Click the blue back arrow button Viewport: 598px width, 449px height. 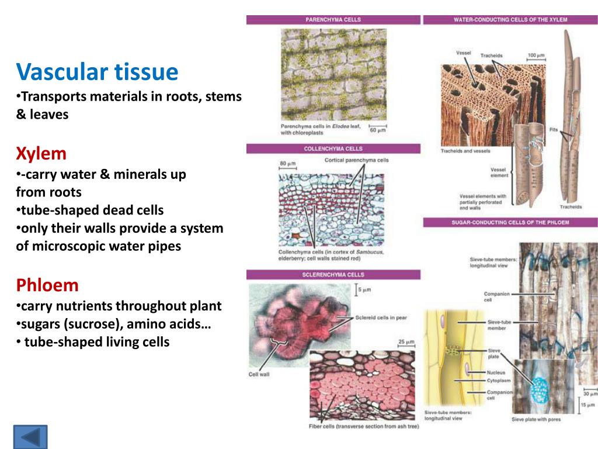click(x=30, y=437)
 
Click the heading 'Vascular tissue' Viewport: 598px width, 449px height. click(x=97, y=72)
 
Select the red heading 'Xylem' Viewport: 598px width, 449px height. click(x=41, y=154)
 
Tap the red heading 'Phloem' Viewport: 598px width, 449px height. click(x=47, y=285)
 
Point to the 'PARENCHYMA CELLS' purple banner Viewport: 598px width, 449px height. click(x=333, y=19)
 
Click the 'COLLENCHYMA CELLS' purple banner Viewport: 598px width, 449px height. click(x=333, y=148)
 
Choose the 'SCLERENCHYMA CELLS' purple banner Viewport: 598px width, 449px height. click(x=333, y=274)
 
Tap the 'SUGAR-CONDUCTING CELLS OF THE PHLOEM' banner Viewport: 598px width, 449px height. click(x=510, y=222)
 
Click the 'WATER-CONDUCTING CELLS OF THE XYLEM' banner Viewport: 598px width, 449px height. click(x=510, y=19)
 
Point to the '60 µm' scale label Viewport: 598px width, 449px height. click(x=378, y=130)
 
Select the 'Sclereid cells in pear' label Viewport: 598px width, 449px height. click(x=381, y=317)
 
